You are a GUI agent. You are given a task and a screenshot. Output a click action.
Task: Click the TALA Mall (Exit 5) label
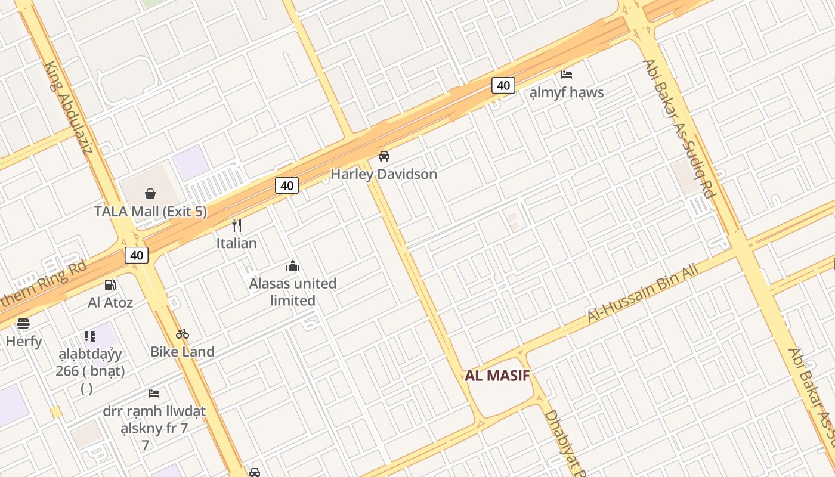coord(151,211)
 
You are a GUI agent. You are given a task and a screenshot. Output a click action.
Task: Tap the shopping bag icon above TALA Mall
coord(150,194)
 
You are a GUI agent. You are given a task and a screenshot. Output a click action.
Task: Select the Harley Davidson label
coord(384,174)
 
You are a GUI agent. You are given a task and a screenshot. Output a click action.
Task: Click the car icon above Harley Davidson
coord(384,156)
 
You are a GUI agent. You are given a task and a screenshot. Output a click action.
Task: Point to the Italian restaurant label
coord(237,243)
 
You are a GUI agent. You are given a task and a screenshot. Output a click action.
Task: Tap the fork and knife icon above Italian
coord(237,225)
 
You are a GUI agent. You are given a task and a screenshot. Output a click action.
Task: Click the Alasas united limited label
coord(293,292)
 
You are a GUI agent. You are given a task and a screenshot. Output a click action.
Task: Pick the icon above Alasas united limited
coord(293,266)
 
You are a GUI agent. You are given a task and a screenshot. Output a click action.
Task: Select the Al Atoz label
coord(110,302)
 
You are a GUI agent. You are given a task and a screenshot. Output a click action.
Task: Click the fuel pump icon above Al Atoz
coord(110,285)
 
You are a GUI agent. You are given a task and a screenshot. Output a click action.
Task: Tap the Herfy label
coord(24,342)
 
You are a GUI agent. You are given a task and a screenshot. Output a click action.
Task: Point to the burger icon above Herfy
coord(23,324)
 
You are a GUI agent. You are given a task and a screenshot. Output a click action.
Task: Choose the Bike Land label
coord(183,352)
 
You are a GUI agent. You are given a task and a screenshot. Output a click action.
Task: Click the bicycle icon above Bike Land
coord(183,334)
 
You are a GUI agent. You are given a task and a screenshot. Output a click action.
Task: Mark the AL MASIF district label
coord(497,376)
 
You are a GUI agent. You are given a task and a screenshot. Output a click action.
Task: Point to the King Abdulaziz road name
coord(69,107)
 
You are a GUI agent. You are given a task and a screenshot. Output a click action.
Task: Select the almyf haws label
coord(567,92)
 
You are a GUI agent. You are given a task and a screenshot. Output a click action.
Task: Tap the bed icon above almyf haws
coord(567,75)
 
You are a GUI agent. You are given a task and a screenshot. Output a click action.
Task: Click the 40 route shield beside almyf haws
coord(503,85)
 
